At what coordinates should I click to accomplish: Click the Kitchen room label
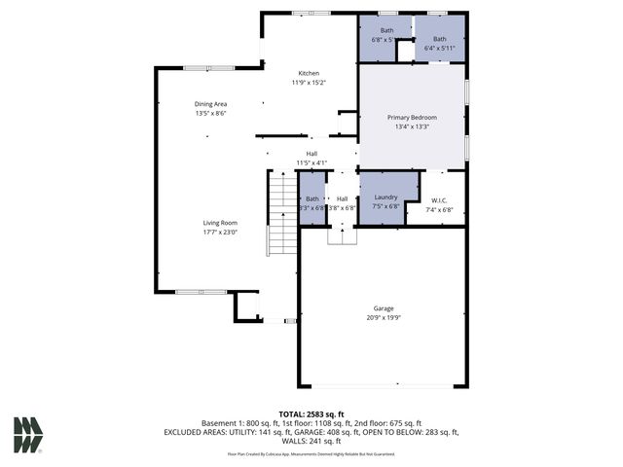coord(309,73)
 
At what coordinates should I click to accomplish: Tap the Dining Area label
coord(210,103)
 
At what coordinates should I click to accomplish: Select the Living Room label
coord(220,223)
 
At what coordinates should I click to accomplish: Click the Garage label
coord(384,307)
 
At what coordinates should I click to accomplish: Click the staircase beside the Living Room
coord(282,215)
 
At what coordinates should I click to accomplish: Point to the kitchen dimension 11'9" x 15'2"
coord(309,82)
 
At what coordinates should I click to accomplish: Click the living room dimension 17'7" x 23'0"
coord(220,232)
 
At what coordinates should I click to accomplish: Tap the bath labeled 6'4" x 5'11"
coord(439,44)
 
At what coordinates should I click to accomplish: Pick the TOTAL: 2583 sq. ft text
coord(311,414)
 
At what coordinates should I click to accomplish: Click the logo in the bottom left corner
coord(28,435)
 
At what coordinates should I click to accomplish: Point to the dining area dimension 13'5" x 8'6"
coord(210,113)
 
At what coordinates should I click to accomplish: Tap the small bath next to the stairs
coord(312,202)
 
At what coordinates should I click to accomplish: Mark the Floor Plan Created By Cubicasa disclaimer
coord(311,453)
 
